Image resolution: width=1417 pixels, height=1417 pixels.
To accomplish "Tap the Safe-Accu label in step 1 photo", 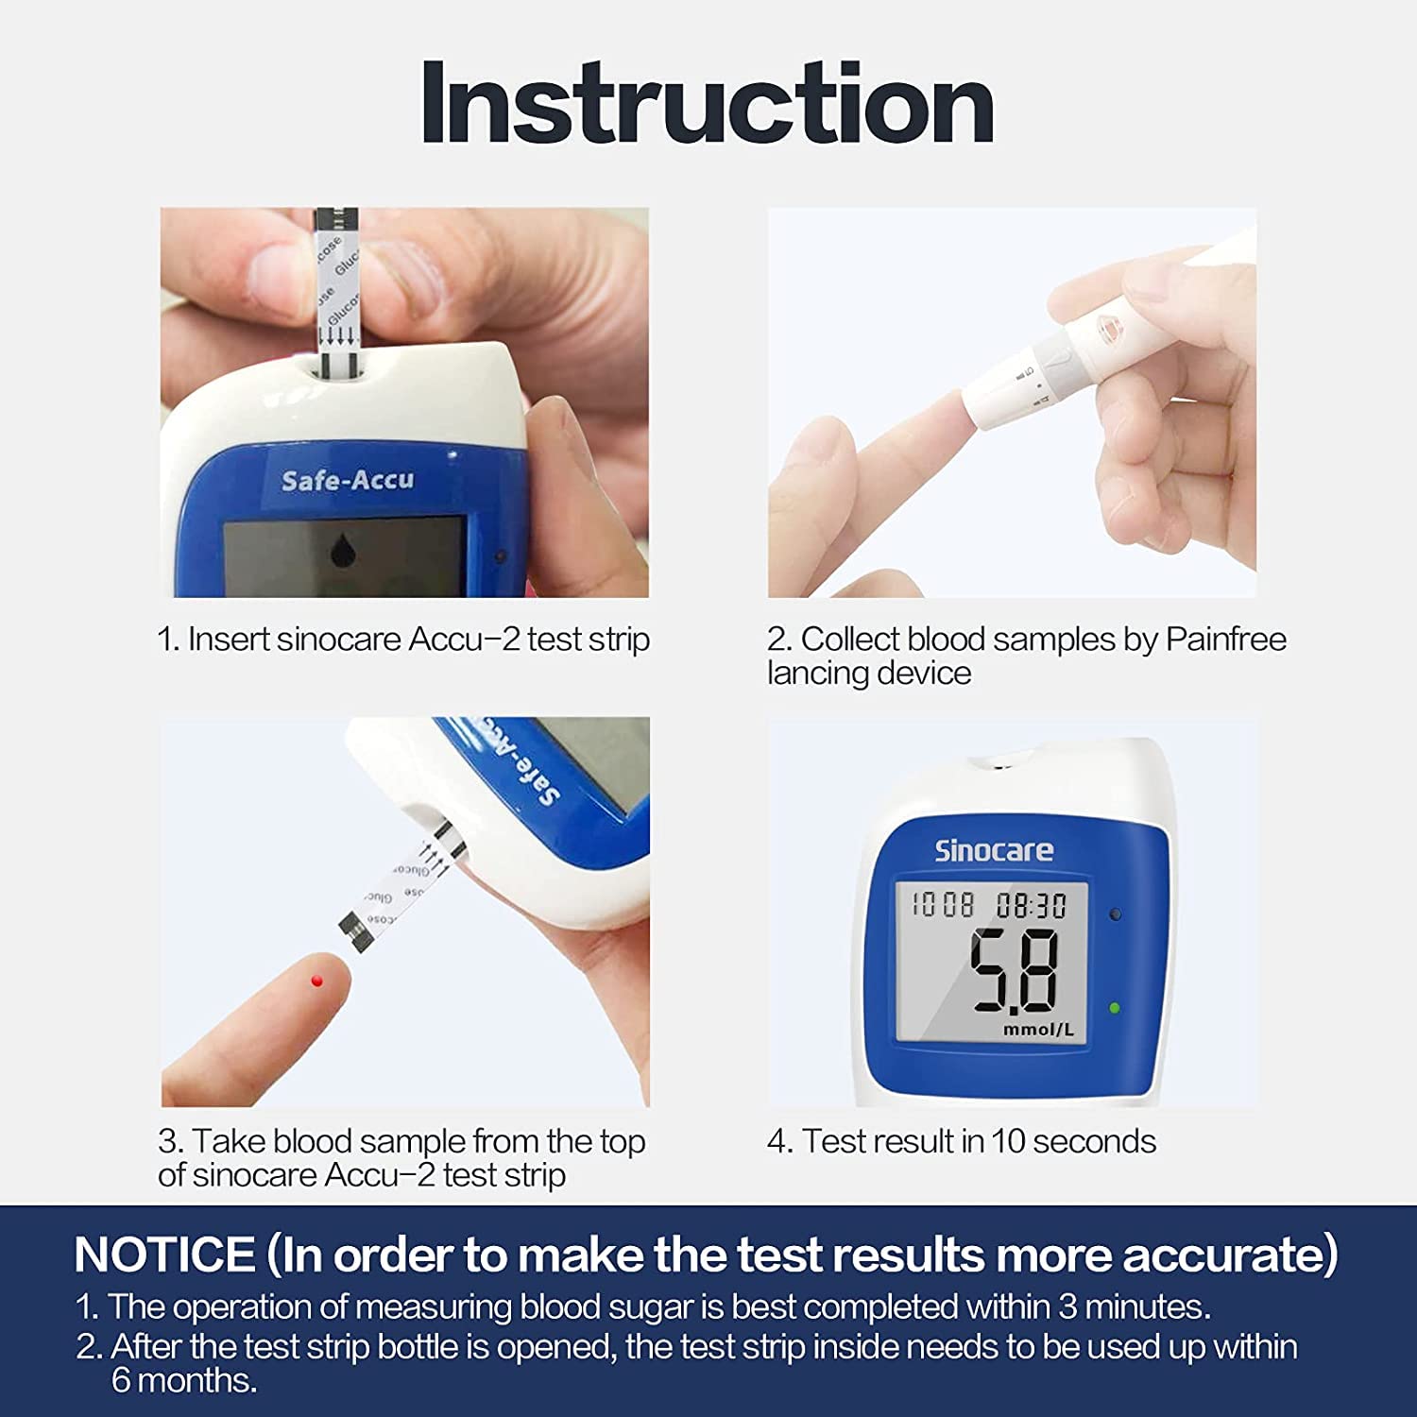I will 348,481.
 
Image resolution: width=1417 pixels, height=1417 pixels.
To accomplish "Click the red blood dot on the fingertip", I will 317,982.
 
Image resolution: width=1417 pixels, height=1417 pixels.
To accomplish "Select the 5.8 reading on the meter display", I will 1015,970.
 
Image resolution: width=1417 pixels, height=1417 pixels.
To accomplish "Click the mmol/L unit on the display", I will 1038,1030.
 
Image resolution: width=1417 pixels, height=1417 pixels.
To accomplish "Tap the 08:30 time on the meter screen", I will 1031,906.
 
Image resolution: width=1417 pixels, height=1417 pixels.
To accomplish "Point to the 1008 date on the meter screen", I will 942,905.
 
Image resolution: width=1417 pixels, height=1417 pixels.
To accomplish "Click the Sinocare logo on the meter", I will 994,850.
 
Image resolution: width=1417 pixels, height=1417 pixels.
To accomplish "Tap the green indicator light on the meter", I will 1115,1008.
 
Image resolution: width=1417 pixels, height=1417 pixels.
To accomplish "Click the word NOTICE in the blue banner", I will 164,1255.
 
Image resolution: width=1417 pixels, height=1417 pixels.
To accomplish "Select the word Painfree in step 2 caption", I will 1225,640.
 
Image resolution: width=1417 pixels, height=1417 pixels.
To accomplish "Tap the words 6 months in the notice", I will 184,1380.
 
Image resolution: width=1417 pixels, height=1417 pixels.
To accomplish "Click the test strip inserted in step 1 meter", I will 336,293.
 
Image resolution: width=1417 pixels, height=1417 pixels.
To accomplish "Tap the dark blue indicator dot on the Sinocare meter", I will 1116,914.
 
